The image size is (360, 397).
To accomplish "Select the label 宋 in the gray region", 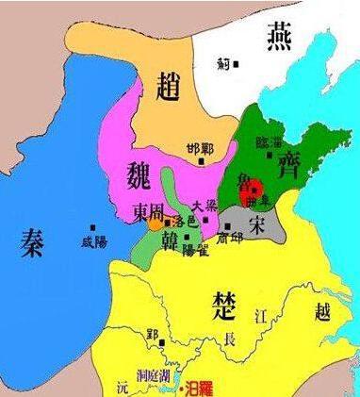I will point(255,223).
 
